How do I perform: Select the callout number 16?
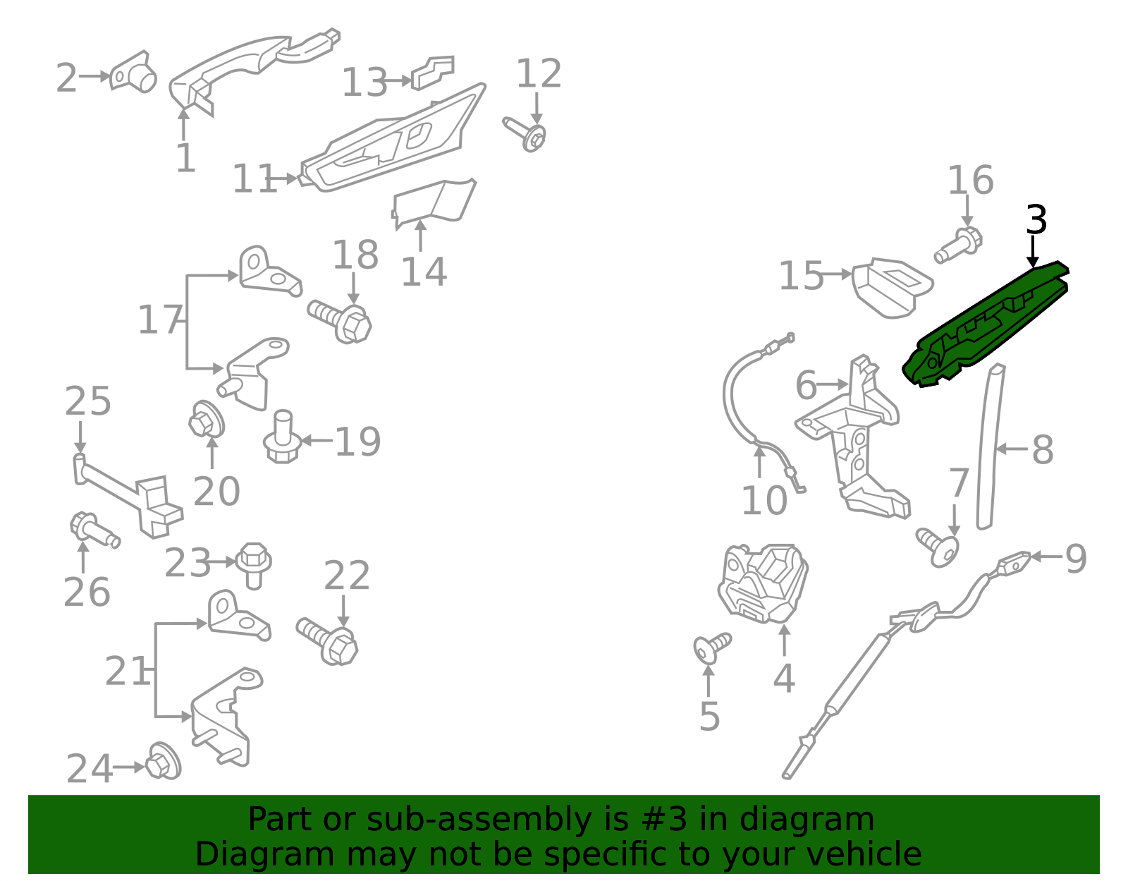(970, 181)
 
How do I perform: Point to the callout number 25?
(87, 401)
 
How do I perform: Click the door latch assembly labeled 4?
(763, 583)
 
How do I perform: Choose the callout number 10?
(764, 501)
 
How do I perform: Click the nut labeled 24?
(164, 762)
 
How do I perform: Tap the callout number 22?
(347, 575)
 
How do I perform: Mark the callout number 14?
(424, 272)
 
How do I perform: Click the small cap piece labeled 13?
(433, 73)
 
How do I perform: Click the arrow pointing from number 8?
(1012, 449)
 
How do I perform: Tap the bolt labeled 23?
(253, 566)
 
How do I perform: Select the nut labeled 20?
(207, 419)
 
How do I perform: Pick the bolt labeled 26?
(95, 530)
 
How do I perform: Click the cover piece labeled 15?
(892, 288)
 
